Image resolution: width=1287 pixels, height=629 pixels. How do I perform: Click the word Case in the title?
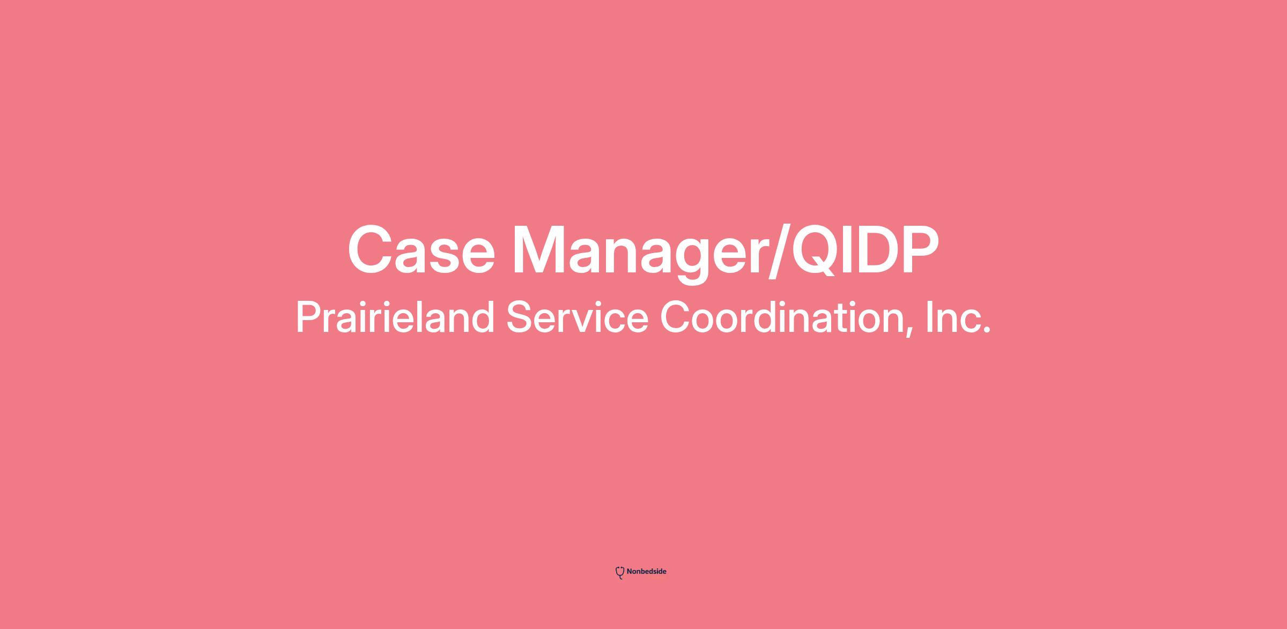point(421,250)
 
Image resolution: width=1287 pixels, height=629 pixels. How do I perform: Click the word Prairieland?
point(395,317)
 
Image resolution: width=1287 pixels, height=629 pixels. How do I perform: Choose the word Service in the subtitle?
point(577,317)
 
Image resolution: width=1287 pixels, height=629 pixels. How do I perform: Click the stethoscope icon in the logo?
point(620,573)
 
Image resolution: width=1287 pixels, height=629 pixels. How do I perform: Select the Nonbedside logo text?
point(646,572)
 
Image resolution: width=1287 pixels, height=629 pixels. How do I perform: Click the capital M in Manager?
point(541,250)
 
